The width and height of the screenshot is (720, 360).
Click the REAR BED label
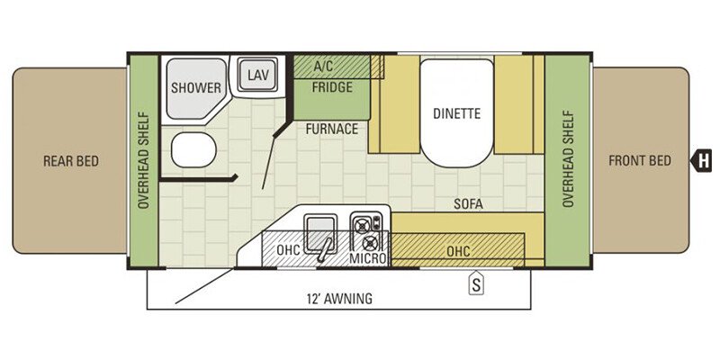71,161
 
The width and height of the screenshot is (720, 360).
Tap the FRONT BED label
640,161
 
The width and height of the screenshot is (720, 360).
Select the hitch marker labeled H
702,161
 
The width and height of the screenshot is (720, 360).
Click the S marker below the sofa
477,285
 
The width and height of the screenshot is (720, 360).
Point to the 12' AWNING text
339,299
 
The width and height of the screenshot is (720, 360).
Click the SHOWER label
196,87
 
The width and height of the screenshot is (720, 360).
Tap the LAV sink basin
257,75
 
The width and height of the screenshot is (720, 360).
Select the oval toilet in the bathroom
193,149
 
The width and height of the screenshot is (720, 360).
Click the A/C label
324,66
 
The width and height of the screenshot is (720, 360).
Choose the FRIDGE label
332,87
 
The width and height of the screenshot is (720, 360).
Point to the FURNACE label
332,129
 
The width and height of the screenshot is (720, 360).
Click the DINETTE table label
456,113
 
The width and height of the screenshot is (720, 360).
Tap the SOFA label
468,204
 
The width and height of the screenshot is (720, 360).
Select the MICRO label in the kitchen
368,258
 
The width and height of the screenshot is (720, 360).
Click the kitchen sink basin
320,232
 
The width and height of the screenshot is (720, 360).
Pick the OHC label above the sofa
458,251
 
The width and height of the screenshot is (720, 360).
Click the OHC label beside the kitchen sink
288,250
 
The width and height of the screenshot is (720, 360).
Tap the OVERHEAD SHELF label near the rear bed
144,160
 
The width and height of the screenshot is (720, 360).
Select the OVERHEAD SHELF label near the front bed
567,158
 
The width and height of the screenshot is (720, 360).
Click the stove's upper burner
363,226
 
